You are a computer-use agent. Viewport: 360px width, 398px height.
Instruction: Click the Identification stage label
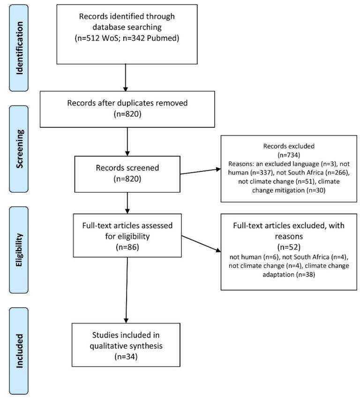19,48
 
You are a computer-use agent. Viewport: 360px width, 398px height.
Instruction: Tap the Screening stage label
19,149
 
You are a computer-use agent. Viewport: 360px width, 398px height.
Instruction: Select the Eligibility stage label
19,250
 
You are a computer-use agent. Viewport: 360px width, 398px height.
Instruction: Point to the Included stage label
19,351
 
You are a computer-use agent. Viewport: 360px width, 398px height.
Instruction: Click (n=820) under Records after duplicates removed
127,114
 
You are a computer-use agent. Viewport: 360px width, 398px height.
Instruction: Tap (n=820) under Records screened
127,179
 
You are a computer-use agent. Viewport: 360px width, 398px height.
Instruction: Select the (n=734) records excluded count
289,155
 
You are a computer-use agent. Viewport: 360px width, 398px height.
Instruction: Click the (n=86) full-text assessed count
127,247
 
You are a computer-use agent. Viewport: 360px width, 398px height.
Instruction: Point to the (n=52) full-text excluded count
289,247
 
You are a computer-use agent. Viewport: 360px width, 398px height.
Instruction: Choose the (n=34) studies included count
126,357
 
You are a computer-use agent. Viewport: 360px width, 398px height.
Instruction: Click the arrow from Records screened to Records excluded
201,171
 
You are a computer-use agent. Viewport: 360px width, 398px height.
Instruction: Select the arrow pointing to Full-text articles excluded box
201,244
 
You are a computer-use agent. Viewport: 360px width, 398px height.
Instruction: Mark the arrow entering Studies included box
127,290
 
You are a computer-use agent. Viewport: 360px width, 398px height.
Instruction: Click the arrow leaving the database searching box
125,78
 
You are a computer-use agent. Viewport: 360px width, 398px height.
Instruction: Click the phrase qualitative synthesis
126,346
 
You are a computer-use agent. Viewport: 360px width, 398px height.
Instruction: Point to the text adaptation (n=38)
289,275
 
